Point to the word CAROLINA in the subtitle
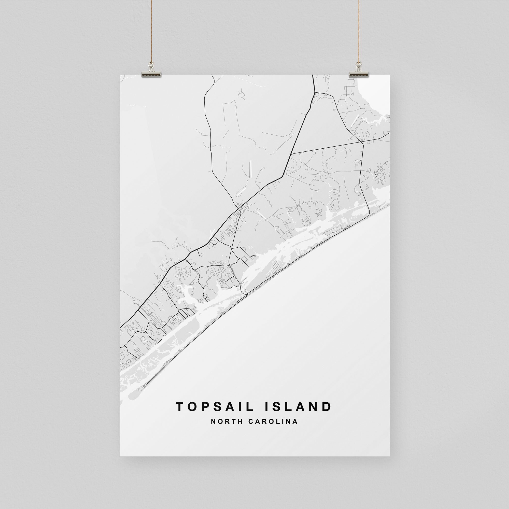273,421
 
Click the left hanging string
151,32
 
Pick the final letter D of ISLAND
327,406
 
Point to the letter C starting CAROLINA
250,421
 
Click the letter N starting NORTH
213,421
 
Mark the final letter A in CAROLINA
295,421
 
